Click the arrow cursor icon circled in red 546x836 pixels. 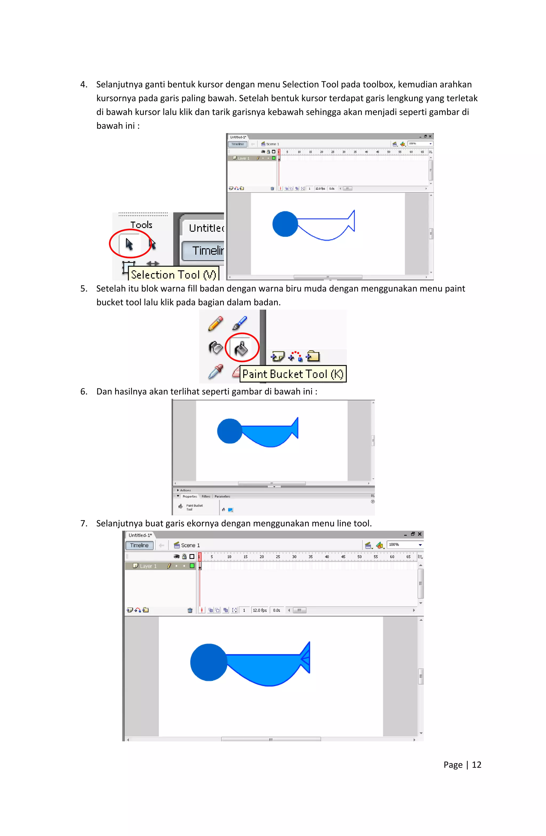click(129, 243)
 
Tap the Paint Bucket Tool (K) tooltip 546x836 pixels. click(293, 374)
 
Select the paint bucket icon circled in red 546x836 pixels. click(242, 348)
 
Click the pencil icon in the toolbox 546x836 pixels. click(215, 324)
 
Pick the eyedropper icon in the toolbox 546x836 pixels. click(215, 372)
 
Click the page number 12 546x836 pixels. click(476, 765)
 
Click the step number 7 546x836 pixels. click(83, 523)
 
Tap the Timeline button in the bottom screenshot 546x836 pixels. click(139, 545)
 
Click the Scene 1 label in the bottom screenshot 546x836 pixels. click(190, 545)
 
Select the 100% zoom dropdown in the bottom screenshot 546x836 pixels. click(405, 545)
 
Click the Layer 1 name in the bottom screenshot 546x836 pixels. click(148, 566)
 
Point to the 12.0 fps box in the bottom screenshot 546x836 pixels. click(260, 610)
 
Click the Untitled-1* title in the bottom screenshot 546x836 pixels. click(140, 535)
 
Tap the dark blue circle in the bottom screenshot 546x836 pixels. click(209, 662)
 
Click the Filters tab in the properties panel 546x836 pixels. click(206, 496)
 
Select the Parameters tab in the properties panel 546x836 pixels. click(222, 496)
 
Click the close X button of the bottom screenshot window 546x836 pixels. click(420, 534)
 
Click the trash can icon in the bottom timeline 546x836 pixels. click(190, 610)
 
